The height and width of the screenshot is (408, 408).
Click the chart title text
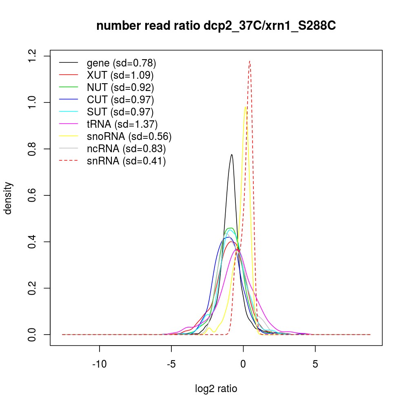click(x=216, y=26)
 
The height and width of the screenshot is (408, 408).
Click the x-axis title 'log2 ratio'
click(x=216, y=388)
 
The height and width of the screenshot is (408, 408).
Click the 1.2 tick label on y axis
click(x=32, y=56)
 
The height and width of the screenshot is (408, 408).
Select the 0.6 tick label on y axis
click(x=32, y=195)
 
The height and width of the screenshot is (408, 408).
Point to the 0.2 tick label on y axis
click(x=32, y=288)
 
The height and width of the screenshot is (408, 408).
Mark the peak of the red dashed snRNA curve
click(x=250, y=61)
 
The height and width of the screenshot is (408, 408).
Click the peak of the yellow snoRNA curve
click(x=245, y=107)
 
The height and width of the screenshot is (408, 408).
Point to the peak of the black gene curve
click(x=232, y=154)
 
